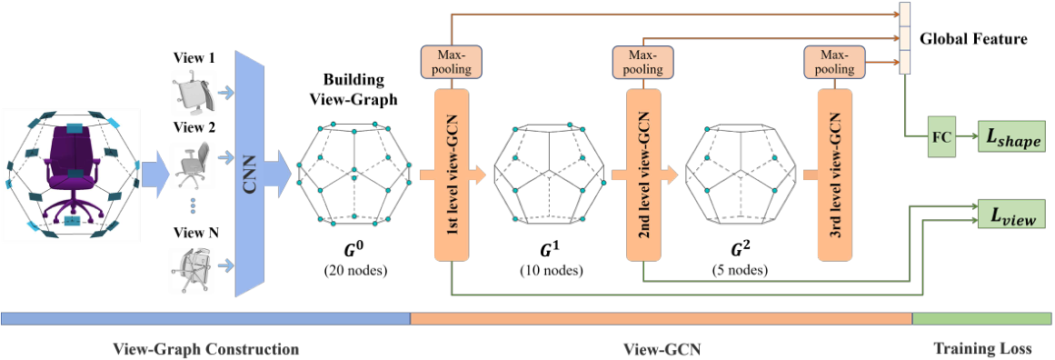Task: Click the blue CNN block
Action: pos(248,173)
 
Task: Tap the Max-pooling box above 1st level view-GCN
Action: pos(451,62)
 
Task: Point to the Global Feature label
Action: pos(973,39)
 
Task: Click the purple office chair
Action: pos(69,172)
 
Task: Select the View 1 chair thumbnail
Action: pos(192,91)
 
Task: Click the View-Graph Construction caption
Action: pos(206,349)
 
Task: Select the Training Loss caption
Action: pos(982,349)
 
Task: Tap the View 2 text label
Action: pos(193,126)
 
